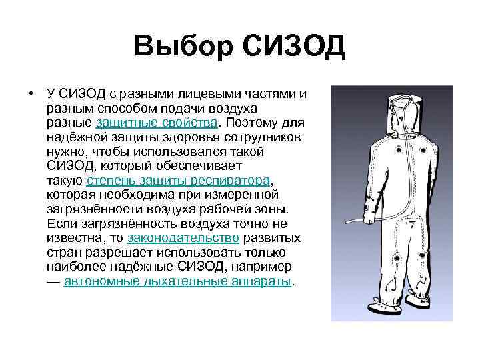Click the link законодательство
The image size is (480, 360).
[183, 238]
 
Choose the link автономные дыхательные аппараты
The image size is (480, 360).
[178, 281]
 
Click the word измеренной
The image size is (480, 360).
[241, 195]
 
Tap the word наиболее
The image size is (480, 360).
[72, 267]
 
